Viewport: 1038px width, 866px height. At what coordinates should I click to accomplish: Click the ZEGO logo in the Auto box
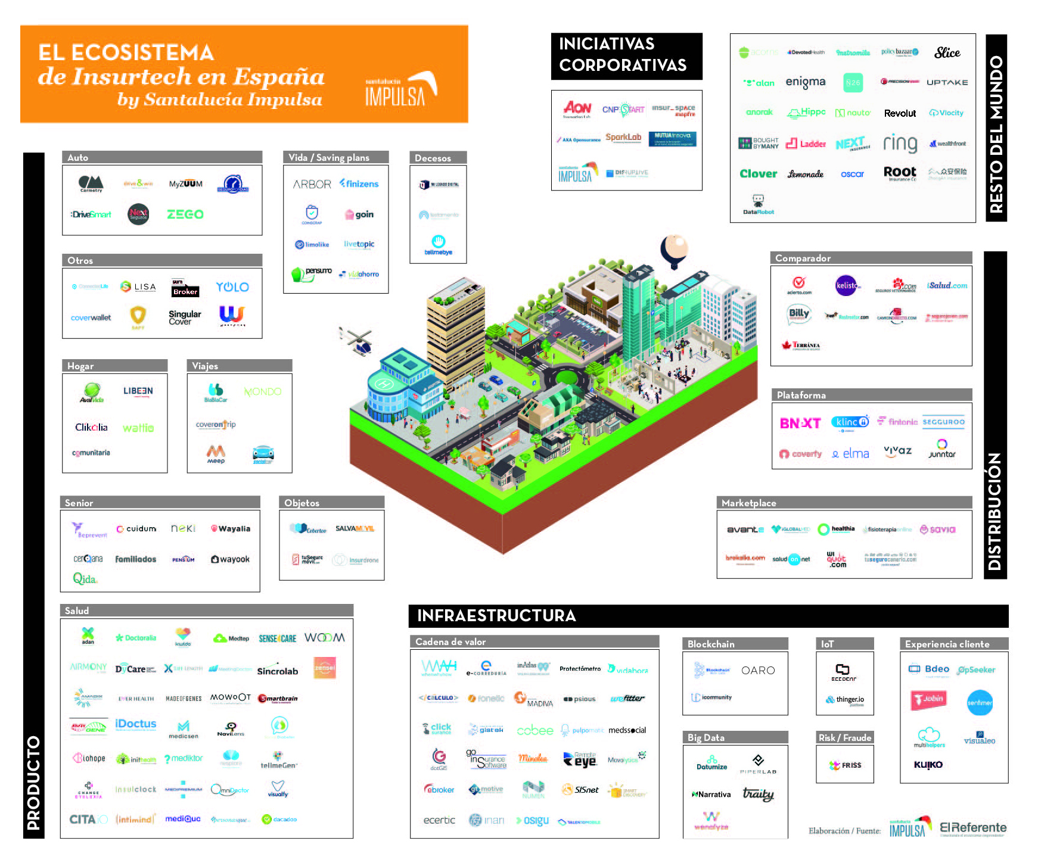(185, 214)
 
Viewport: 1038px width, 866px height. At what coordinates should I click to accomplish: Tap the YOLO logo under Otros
(232, 287)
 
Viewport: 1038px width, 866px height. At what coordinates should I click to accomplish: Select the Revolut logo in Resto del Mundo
(900, 113)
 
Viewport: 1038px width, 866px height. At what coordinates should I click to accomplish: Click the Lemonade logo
(806, 174)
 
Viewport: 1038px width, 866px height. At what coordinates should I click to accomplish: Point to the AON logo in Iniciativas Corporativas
(577, 108)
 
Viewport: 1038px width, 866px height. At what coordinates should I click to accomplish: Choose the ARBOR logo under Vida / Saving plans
(312, 185)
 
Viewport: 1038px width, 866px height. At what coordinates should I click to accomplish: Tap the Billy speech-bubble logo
(799, 314)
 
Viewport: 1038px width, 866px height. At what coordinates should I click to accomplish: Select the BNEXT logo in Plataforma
(800, 423)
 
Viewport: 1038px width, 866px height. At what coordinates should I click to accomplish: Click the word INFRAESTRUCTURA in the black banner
(496, 616)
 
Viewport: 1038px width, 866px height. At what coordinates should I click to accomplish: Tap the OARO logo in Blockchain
(758, 671)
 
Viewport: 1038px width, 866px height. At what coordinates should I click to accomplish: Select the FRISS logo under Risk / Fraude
(846, 765)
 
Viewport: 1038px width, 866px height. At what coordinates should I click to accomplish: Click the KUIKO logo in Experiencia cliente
(928, 765)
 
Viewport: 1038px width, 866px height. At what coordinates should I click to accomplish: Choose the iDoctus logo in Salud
(136, 724)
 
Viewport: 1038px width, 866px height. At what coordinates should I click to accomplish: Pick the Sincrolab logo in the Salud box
(277, 671)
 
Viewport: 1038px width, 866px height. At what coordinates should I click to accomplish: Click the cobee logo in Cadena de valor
(534, 731)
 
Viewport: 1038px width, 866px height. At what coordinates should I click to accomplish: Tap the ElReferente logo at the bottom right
(973, 828)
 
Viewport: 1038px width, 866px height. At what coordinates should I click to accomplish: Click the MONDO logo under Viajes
(262, 392)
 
